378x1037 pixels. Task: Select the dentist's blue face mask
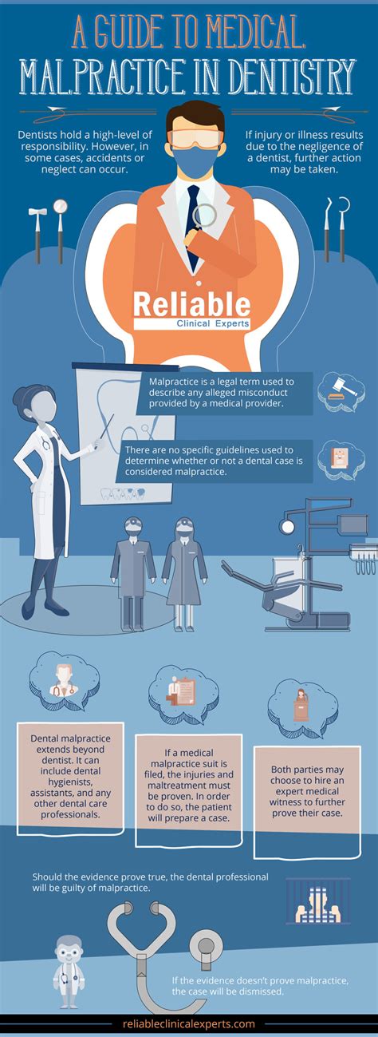coord(195,160)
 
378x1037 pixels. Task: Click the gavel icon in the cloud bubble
coord(342,390)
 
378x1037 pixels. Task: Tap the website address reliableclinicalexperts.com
coord(189,1023)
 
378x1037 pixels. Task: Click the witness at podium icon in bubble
coord(301,706)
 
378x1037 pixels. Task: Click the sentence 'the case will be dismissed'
coord(227,991)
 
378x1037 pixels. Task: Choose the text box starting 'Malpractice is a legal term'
coord(225,393)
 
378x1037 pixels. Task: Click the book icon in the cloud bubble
coord(341,459)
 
